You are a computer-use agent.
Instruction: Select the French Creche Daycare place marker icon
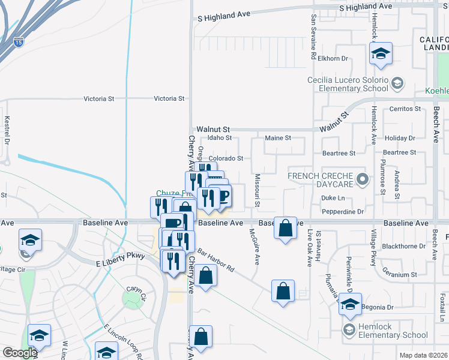(362, 178)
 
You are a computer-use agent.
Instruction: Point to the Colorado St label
(226, 158)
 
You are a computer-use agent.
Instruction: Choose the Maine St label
(278, 138)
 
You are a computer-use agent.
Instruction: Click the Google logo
(20, 353)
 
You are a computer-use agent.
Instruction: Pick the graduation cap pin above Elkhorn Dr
(380, 54)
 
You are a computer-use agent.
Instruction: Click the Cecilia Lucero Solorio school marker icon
(396, 83)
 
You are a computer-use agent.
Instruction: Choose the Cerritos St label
(405, 109)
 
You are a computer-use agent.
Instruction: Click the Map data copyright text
(423, 355)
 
